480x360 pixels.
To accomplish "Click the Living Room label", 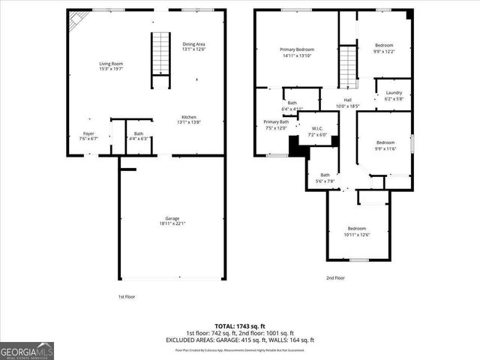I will tap(110, 64).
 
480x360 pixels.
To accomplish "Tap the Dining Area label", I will tap(193, 43).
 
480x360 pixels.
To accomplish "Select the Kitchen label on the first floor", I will tap(189, 117).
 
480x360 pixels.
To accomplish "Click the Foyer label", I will tap(88, 134).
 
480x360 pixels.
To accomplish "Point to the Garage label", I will tap(172, 218).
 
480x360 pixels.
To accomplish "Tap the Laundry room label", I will tap(394, 93).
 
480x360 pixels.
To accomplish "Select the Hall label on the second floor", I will tap(348, 100).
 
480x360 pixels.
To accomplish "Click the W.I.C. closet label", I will tap(317, 129).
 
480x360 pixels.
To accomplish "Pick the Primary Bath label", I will tap(276, 121).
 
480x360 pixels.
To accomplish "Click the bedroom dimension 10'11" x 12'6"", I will tap(357, 234).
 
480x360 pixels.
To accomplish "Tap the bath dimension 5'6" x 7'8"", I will tap(325, 181).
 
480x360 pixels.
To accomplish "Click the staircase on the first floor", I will tap(161, 52).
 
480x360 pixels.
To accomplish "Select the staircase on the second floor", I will tap(346, 66).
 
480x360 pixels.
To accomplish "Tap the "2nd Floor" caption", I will tap(335, 277).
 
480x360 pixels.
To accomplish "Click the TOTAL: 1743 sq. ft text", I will tap(239, 326).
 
